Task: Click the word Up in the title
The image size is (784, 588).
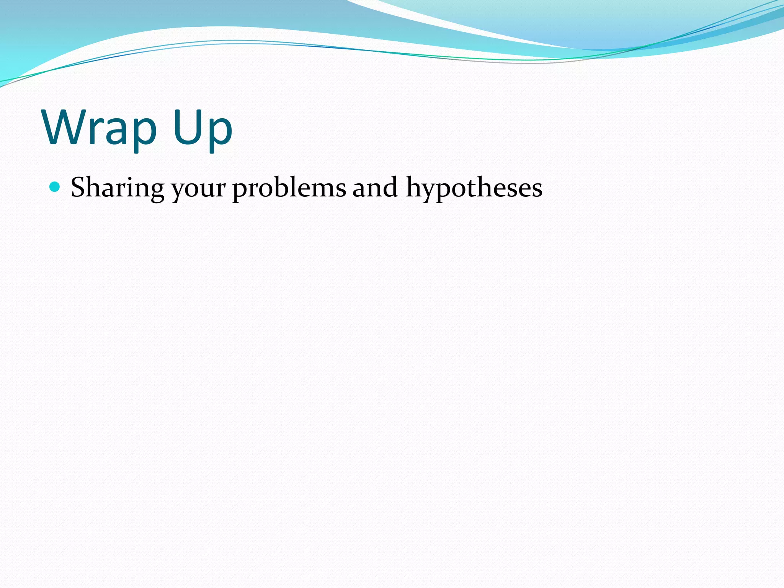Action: (202, 128)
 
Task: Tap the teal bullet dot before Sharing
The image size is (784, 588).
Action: (55, 187)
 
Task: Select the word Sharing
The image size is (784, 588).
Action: (118, 188)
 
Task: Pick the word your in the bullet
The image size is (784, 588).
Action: (198, 189)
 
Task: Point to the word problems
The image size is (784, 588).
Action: (289, 188)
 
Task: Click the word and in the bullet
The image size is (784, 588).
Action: (375, 188)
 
